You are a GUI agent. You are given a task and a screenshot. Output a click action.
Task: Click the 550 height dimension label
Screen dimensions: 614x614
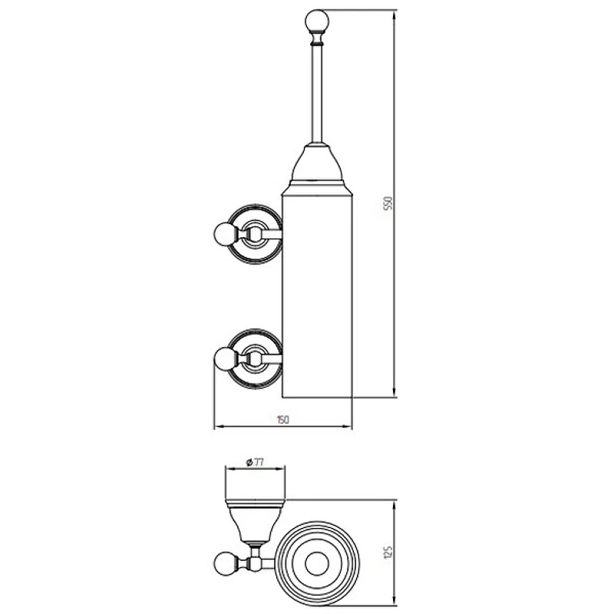pos(388,203)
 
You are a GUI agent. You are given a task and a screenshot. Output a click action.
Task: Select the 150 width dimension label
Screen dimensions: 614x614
pos(282,420)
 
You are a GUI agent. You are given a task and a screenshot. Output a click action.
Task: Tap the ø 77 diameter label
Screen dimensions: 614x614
pos(255,463)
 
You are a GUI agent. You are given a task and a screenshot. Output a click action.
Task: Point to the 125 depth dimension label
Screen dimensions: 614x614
pos(388,552)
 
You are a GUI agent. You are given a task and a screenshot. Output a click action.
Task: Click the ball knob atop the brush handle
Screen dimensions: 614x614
pos(317,21)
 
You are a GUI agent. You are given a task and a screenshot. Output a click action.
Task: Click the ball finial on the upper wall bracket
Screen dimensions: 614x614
pos(225,234)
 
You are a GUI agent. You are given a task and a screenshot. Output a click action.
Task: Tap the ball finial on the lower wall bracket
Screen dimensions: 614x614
pos(225,358)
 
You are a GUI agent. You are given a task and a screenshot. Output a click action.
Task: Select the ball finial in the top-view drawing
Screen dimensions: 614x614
pos(225,563)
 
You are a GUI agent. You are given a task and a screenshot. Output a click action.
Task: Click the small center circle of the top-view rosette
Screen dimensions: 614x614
pos(317,564)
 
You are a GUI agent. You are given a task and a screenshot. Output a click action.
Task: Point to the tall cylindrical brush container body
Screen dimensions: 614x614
pos(317,295)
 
